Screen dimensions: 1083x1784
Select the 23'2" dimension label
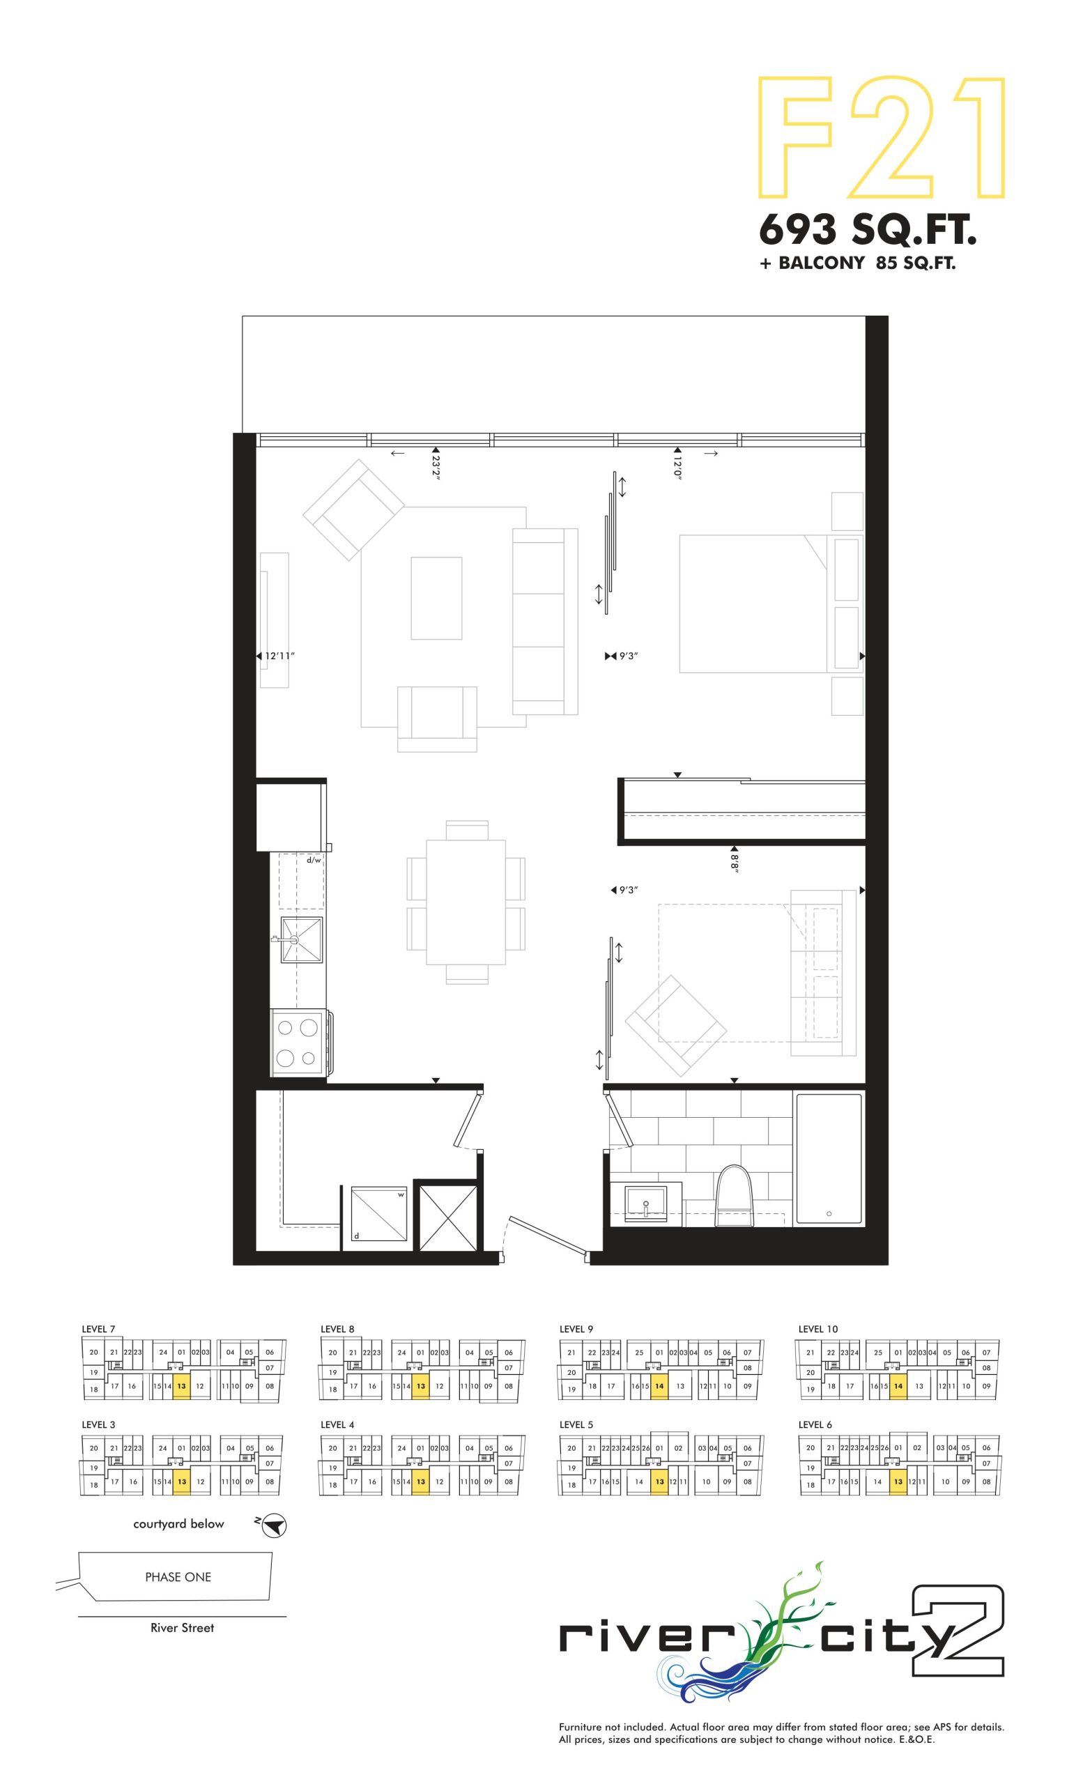click(x=436, y=467)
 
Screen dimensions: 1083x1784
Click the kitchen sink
click(x=300, y=940)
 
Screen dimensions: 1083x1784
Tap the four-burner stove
click(x=299, y=1042)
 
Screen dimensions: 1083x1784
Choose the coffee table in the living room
click(x=436, y=598)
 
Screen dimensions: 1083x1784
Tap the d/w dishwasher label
click(x=314, y=860)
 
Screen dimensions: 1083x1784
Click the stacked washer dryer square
click(x=378, y=1214)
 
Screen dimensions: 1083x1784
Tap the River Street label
click(x=183, y=1628)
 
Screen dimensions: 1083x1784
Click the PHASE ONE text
click(x=178, y=1577)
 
